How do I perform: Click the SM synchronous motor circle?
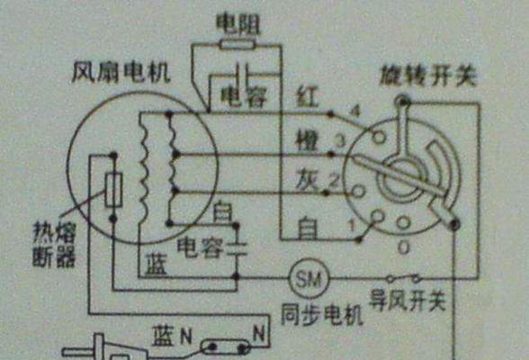pos(309,279)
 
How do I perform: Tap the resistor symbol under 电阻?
pos(237,44)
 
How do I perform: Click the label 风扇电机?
pos(121,73)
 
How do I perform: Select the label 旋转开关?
pos(428,76)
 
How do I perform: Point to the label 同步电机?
pos(322,315)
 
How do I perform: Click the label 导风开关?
pos(408,300)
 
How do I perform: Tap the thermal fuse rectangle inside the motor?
pos(113,189)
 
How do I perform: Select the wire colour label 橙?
pos(307,140)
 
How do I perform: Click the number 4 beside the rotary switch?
pos(354,111)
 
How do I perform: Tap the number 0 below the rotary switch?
pos(404,248)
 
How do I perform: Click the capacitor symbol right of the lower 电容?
pos(237,249)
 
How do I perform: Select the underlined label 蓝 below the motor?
pos(157,264)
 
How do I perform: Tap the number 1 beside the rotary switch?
pos(353,225)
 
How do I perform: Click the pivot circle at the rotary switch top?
pos(403,100)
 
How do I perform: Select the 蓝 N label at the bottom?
pos(172,336)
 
